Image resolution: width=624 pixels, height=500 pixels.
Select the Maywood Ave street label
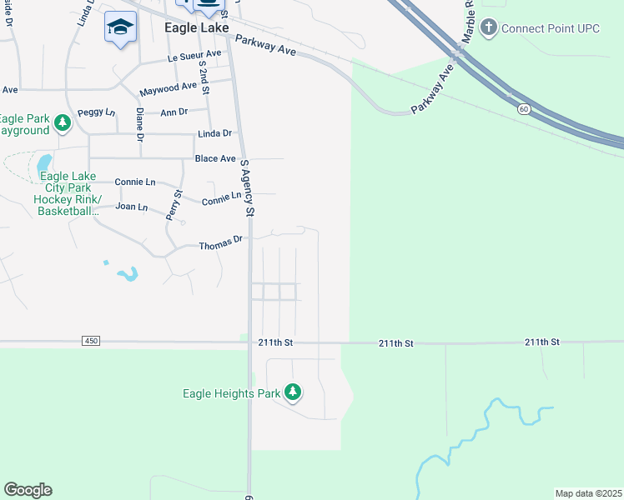pos(168,87)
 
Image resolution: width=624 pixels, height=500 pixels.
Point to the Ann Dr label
pos(174,112)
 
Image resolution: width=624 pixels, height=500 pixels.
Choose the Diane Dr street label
pos(139,124)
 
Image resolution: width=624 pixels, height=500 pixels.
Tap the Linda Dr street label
pos(214,133)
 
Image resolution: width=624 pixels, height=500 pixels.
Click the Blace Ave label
pos(215,158)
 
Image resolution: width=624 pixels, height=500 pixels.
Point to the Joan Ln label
pos(132,206)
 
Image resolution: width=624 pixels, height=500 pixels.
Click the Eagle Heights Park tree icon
pos(292,391)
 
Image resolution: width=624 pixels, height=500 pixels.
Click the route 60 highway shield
pos(522,109)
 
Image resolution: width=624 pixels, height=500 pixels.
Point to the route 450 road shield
pos(91,341)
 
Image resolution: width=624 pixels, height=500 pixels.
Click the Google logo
pos(28,490)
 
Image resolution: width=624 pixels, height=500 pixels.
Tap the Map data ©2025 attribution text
pos(588,493)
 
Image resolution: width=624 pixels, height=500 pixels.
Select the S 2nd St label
pos(202,77)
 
